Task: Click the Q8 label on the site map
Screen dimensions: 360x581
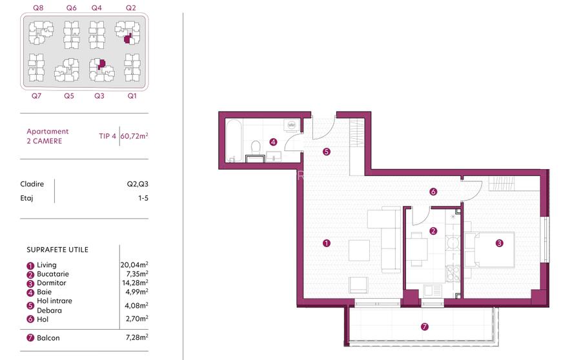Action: pos(38,8)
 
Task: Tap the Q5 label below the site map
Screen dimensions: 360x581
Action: pos(69,95)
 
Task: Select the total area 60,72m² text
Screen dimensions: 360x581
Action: pos(135,135)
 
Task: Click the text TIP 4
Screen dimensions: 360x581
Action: pos(108,135)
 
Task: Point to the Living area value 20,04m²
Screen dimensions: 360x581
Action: pos(135,265)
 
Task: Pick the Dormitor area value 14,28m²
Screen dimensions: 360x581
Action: pos(135,283)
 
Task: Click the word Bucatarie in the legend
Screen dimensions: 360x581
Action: pos(52,274)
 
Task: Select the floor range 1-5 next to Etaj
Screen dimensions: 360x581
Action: pos(143,198)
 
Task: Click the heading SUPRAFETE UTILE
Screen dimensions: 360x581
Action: pos(57,249)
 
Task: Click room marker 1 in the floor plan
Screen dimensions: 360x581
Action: pos(327,243)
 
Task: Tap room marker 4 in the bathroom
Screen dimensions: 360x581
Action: pos(273,142)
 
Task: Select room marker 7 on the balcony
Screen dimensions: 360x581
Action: pos(424,327)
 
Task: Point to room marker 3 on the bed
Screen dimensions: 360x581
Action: pos(499,243)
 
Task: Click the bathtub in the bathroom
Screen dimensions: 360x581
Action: pos(234,141)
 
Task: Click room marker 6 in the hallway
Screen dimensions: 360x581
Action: pos(433,191)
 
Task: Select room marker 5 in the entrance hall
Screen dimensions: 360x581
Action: pos(327,152)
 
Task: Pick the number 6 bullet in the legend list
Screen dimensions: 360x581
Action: pos(30,319)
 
